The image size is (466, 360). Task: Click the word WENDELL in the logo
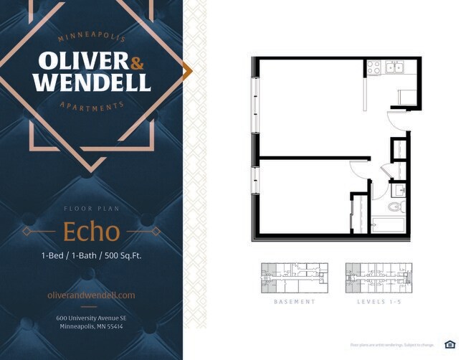(92, 82)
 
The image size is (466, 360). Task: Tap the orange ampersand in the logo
(137, 63)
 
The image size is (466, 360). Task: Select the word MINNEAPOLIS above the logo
(92, 37)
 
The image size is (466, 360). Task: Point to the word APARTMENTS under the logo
(92, 107)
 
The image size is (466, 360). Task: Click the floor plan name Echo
(91, 232)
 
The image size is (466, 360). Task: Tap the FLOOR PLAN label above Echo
(91, 209)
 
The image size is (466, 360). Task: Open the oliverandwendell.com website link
(91, 295)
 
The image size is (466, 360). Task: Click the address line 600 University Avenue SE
(91, 318)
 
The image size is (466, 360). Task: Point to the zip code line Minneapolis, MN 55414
(91, 327)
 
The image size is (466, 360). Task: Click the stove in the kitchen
(374, 67)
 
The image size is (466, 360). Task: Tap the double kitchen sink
(394, 67)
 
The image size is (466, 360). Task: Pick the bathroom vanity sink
(399, 191)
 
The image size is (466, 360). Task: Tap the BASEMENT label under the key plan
(295, 302)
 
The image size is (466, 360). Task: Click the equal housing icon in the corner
(450, 344)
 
